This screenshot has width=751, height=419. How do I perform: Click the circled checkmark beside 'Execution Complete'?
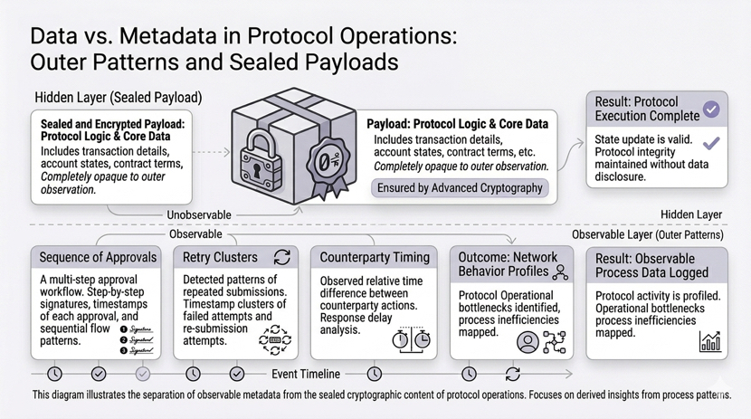(712, 109)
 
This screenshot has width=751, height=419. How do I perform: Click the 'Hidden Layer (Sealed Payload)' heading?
(118, 97)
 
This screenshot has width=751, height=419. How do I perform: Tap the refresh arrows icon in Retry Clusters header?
(281, 257)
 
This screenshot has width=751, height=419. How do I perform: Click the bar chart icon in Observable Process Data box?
(710, 341)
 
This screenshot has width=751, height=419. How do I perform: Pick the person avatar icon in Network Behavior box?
(527, 342)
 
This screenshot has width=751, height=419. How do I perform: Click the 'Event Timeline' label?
(306, 373)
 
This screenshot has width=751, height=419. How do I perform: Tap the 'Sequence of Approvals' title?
(98, 257)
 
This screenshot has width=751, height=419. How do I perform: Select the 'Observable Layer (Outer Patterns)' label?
(648, 234)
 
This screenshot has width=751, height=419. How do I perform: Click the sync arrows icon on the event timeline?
(512, 373)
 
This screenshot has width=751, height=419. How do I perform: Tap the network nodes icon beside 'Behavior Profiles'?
(560, 271)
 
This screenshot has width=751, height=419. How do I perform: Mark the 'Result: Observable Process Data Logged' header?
(657, 264)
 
